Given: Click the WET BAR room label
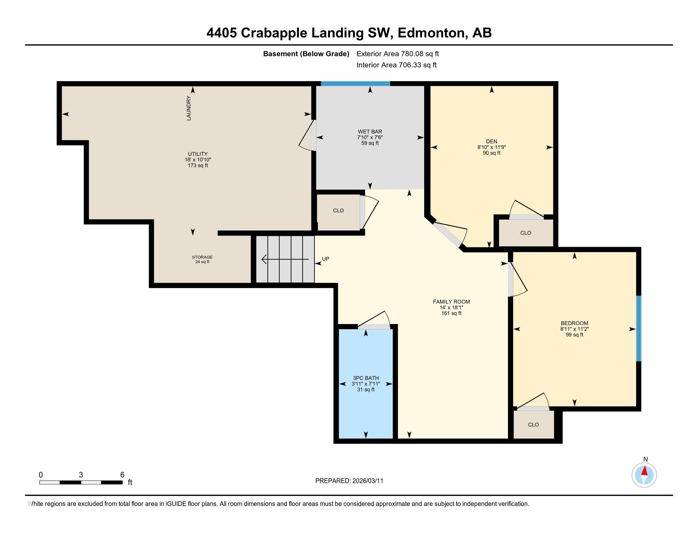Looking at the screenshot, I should coord(370,132).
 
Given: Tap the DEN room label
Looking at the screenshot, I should coord(491,141).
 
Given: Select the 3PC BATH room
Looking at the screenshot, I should coord(365,384).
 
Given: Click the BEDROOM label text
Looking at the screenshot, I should coord(574,323).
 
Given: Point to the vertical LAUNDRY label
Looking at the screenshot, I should coord(188,108).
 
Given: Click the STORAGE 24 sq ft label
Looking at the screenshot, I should coord(202,259).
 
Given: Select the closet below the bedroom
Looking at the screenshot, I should coord(533,425).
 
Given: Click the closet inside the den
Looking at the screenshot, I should coord(525,233).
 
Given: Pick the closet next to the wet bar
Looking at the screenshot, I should coord(338,211).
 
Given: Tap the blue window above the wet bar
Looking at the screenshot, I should coord(355,84).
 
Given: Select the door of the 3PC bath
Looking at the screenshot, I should coord(374,326).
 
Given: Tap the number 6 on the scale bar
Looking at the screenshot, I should coord(122,475).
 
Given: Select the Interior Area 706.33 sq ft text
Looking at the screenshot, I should coord(396,65).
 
